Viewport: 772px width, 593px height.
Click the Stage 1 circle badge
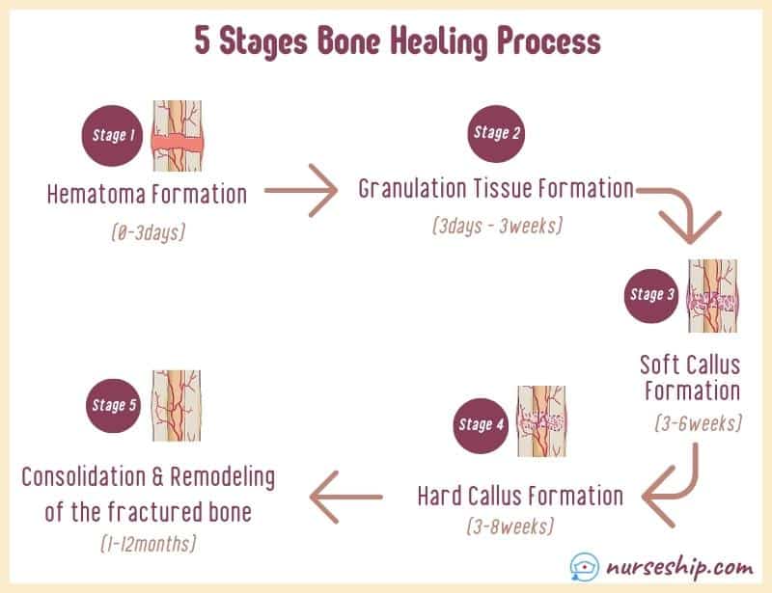click(x=112, y=136)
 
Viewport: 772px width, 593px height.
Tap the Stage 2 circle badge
click(x=496, y=133)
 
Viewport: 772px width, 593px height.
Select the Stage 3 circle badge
click(x=651, y=296)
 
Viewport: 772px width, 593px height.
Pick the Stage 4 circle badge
click(x=481, y=425)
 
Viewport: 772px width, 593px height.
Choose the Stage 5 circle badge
click(x=113, y=406)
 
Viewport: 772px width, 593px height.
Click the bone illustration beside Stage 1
click(x=178, y=136)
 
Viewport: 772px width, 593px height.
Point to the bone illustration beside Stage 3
click(x=712, y=296)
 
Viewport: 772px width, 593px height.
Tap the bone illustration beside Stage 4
click(x=541, y=421)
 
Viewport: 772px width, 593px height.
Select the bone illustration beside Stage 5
click(x=177, y=406)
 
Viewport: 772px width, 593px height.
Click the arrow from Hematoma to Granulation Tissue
click(x=301, y=191)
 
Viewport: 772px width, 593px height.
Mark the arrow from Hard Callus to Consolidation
click(x=346, y=497)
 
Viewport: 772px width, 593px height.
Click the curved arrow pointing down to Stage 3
click(x=688, y=206)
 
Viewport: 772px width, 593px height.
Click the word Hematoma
click(x=96, y=195)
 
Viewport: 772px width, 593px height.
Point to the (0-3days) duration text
click(x=149, y=231)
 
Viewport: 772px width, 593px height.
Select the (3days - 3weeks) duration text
click(x=497, y=226)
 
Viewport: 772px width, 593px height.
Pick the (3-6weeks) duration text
click(x=698, y=423)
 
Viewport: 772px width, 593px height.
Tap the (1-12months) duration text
click(x=149, y=544)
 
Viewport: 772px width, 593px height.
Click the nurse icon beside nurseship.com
click(x=585, y=567)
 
